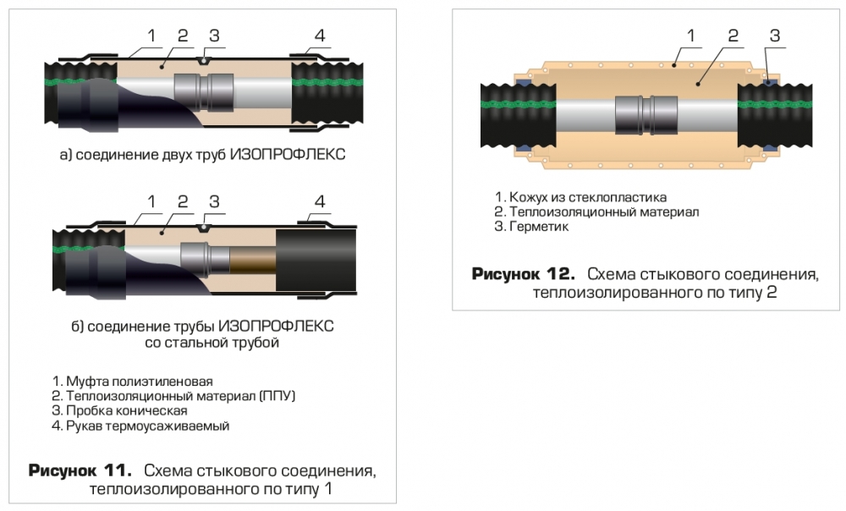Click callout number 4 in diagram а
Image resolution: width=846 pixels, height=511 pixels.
(320, 36)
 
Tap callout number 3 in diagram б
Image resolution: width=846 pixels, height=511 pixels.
(214, 201)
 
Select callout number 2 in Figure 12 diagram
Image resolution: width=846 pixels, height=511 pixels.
(733, 36)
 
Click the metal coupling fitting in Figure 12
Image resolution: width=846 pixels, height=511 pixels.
(645, 115)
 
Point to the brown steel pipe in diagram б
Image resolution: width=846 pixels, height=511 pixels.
(253, 261)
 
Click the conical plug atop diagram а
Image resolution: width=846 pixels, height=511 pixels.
(202, 60)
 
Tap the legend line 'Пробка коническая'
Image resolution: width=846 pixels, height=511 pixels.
(120, 410)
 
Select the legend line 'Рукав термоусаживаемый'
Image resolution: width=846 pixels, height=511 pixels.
(140, 426)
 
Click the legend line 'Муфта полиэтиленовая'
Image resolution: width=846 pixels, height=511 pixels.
(133, 382)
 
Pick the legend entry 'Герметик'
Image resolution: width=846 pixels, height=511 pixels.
(531, 227)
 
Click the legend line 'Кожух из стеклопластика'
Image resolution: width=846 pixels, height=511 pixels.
(580, 197)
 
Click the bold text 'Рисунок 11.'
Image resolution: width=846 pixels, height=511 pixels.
(80, 470)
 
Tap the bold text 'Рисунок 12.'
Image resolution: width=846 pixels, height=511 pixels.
(524, 274)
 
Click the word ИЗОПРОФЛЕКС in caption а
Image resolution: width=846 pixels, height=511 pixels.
(288, 154)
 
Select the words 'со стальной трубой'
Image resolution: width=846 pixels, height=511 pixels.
(212, 343)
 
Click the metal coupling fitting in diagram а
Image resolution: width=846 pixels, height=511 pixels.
(203, 93)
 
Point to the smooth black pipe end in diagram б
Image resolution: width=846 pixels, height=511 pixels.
(316, 261)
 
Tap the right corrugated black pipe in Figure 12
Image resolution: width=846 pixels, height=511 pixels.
(775, 115)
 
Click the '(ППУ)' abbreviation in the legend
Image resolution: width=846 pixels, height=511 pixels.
(277, 396)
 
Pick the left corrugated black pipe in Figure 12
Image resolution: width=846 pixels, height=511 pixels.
(519, 115)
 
